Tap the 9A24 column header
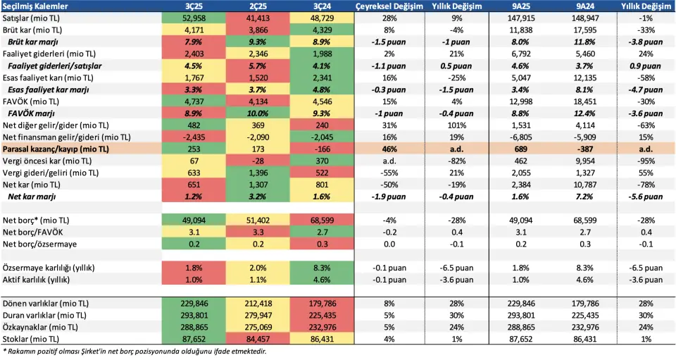(587, 6)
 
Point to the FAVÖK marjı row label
(31, 112)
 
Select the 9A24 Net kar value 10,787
(587, 185)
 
